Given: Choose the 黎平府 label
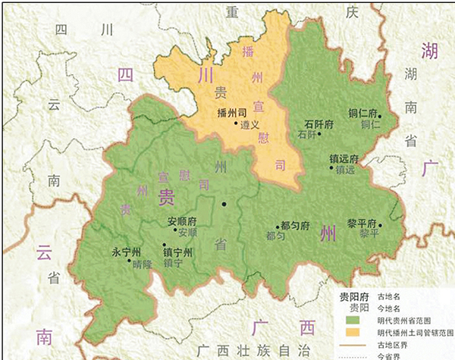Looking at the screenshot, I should click(x=362, y=224).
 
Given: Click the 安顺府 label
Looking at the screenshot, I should click(x=181, y=223).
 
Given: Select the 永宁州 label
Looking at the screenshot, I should click(x=126, y=252).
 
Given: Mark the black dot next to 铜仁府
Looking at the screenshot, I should click(x=381, y=115).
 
